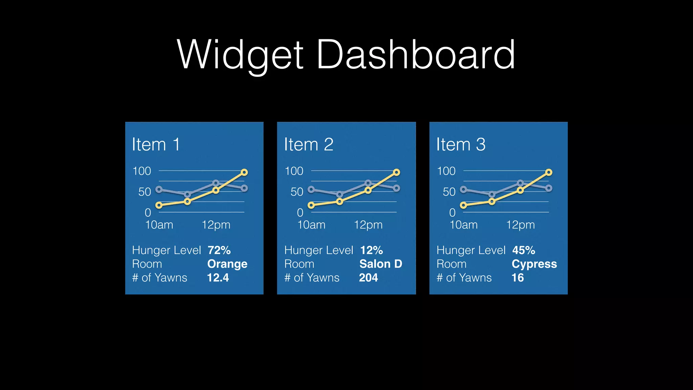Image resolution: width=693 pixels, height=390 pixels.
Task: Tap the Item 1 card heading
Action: [x=156, y=145]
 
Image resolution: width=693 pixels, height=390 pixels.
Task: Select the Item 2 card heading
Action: [x=309, y=145]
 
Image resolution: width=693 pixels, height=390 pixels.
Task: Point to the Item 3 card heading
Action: [x=461, y=145]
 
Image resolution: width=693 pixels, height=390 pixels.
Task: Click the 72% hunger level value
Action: [x=219, y=250]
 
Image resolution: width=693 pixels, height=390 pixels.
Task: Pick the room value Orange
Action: [x=227, y=264]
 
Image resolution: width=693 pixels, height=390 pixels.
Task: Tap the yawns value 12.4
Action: [x=218, y=278]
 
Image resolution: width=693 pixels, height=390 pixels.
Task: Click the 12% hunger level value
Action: [x=372, y=250]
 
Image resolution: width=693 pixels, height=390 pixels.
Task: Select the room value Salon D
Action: [x=381, y=264]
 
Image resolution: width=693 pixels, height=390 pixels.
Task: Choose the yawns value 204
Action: [x=368, y=278]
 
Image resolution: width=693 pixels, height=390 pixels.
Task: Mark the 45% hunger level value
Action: [x=524, y=250]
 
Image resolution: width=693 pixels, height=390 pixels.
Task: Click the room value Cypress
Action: [x=534, y=264]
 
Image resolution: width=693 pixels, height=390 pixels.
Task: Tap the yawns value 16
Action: [x=518, y=278]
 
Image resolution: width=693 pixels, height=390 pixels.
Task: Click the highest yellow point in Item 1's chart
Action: [x=244, y=172]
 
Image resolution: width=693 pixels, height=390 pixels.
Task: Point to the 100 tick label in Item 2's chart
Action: [x=294, y=171]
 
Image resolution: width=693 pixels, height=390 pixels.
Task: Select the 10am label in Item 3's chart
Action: [x=464, y=225]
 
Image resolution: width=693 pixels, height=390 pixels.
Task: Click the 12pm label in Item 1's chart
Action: [x=216, y=225]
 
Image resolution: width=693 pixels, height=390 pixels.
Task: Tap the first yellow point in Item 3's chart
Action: [x=464, y=205]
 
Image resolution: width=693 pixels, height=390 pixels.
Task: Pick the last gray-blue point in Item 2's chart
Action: [x=397, y=188]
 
